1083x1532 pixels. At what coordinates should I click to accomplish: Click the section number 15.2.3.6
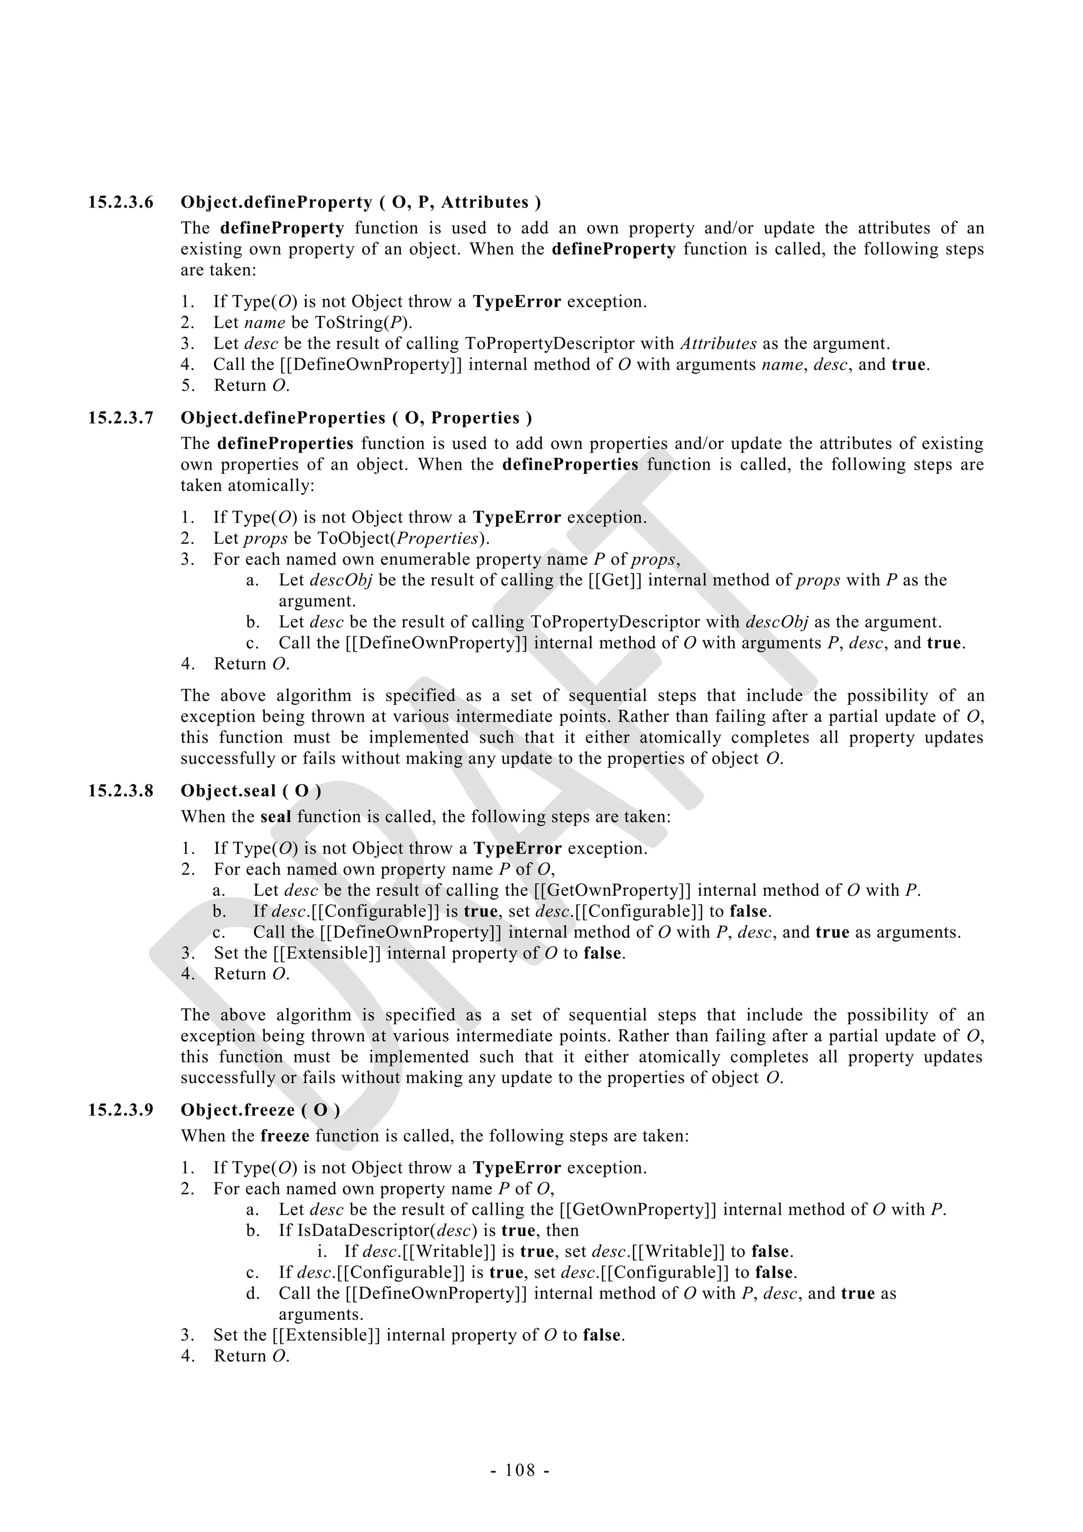(x=121, y=202)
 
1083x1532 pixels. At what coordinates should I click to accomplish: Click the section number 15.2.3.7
(x=121, y=418)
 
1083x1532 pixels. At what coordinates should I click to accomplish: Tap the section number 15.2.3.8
(x=121, y=791)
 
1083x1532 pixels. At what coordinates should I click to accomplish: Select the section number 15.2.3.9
(x=121, y=1111)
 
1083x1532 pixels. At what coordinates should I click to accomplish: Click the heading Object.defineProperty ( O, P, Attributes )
(x=360, y=202)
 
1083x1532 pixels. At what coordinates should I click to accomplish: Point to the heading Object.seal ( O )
(x=251, y=791)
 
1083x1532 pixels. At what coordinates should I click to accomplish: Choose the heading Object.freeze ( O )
(x=260, y=1111)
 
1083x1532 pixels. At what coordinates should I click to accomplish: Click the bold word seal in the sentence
(x=276, y=818)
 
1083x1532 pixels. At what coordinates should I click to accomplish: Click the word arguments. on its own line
(x=321, y=1315)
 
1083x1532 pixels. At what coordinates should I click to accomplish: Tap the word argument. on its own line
(x=317, y=601)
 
